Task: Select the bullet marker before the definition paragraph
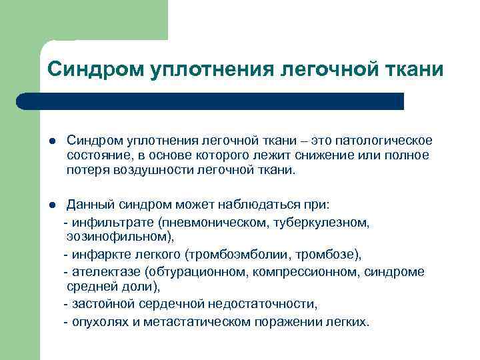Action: pyautogui.click(x=51, y=141)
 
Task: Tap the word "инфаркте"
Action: pyautogui.click(x=95, y=255)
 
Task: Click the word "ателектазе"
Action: pyautogui.click(x=101, y=272)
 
